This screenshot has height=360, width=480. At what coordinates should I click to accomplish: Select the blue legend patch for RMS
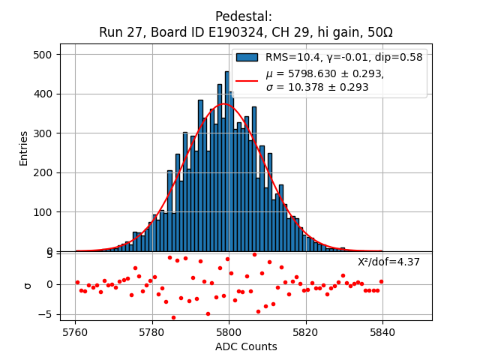coord(247,57)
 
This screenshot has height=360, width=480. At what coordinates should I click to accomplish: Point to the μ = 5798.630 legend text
coord(325,73)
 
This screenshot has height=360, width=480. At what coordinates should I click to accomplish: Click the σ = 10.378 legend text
coord(317,87)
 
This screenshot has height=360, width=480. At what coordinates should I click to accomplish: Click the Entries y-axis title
coord(24,148)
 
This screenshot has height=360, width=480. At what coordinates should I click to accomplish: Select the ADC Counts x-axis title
coord(246,346)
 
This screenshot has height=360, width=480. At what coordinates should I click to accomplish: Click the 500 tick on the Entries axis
coord(46,55)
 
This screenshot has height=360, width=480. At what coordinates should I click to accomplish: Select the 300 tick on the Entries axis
coord(46,133)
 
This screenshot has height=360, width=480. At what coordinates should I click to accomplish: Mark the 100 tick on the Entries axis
coord(46,212)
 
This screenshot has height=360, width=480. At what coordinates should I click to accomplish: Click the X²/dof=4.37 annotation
coord(388,262)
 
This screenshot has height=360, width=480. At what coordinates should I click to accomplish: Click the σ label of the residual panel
coord(28,285)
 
